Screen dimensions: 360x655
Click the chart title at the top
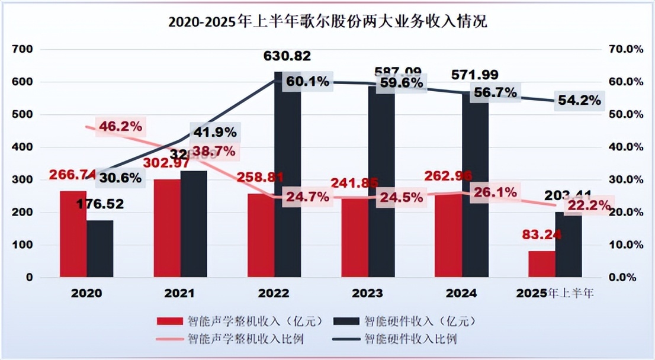click(327, 22)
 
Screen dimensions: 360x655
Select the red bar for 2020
click(73, 234)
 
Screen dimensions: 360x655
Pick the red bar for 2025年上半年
click(542, 264)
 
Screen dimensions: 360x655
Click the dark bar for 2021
click(194, 224)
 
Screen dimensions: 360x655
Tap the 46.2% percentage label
click(121, 126)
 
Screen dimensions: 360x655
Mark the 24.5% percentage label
click(403, 198)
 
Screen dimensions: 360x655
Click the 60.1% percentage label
click(306, 81)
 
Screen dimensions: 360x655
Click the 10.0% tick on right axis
click(625, 245)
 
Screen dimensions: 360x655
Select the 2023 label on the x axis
click(367, 293)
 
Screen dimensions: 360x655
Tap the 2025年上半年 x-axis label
click(555, 293)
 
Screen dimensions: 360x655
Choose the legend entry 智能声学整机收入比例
click(242, 339)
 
